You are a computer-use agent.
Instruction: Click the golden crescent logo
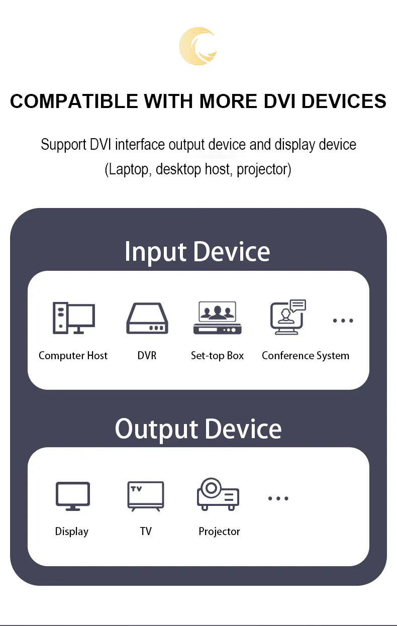click(198, 46)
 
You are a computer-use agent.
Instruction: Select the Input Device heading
click(197, 251)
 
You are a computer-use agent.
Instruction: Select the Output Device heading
click(198, 429)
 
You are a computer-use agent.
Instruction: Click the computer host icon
click(73, 318)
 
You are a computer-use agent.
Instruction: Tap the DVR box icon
click(147, 319)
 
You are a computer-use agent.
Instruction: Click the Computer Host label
click(73, 356)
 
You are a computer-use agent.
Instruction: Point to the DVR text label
click(147, 356)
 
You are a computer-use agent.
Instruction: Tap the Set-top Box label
click(217, 356)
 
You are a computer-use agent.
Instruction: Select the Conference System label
click(306, 356)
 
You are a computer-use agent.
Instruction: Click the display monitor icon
click(72, 496)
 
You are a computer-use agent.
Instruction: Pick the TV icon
click(146, 496)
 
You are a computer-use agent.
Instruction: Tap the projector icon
click(218, 494)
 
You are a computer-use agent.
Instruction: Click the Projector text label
click(219, 532)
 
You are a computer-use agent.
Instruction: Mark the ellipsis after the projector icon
click(278, 498)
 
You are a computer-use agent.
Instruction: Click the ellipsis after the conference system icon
click(343, 321)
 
